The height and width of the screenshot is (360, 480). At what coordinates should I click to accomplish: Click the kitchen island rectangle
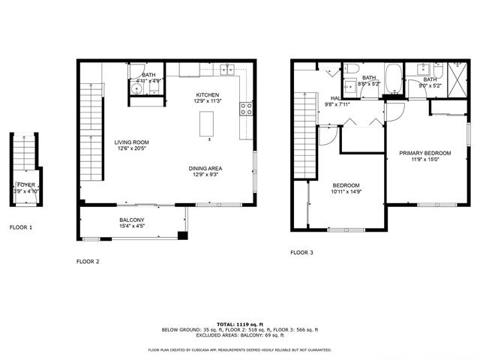point(207,124)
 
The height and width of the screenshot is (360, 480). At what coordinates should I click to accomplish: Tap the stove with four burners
point(245,110)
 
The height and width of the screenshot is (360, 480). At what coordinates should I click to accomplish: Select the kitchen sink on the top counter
point(228,70)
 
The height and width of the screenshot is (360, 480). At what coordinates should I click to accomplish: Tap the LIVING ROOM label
point(132,142)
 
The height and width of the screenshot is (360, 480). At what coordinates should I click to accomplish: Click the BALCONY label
point(132,220)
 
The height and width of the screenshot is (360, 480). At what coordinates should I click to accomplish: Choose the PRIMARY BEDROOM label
point(424,152)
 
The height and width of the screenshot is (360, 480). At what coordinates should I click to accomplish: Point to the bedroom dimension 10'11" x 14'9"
point(346,192)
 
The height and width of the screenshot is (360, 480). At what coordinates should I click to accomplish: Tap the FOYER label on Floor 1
point(25,184)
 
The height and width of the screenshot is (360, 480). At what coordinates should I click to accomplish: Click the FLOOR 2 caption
point(88,262)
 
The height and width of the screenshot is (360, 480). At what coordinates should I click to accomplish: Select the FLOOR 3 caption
point(301,253)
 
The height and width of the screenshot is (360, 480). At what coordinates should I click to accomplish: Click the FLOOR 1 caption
point(21,226)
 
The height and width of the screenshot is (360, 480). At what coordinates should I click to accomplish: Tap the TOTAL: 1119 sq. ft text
point(240,322)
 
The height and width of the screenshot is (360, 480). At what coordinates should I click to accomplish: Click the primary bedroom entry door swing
point(396,111)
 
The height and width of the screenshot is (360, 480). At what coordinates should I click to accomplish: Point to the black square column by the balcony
point(182,235)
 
